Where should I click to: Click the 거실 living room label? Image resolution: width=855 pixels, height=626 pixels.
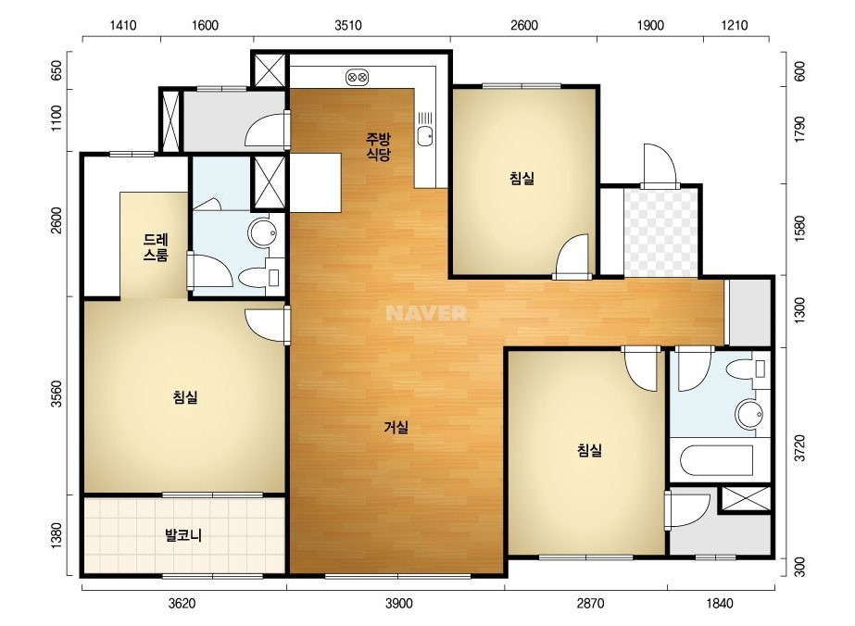[x=396, y=428]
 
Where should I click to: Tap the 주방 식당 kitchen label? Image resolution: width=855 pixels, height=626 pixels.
[x=379, y=146]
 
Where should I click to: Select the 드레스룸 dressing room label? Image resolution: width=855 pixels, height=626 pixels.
[x=156, y=247]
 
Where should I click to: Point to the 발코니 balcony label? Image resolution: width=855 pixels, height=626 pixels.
[x=183, y=535]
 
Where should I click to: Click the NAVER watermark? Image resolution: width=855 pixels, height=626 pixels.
[x=426, y=313]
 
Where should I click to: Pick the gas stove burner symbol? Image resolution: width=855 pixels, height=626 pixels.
[x=358, y=78]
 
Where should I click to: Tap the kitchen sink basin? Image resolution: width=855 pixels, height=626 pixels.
[x=425, y=135]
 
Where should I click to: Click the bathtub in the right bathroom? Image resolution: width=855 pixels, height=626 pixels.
[x=716, y=461]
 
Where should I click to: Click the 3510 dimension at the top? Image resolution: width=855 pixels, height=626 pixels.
[x=348, y=26]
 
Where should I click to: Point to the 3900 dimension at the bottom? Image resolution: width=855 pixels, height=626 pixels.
[x=398, y=603]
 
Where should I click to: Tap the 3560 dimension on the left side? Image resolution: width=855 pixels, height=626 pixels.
[x=57, y=394]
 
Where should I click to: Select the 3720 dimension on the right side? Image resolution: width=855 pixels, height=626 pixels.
[x=799, y=448]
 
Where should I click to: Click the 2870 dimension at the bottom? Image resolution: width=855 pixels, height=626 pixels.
[x=591, y=603]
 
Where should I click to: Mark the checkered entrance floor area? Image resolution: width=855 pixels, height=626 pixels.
[x=660, y=232]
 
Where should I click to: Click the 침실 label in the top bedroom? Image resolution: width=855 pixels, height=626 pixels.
[x=522, y=178]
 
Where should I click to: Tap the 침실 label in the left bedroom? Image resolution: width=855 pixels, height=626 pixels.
[x=185, y=397]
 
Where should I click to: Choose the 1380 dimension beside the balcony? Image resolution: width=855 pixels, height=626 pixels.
[x=57, y=535]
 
